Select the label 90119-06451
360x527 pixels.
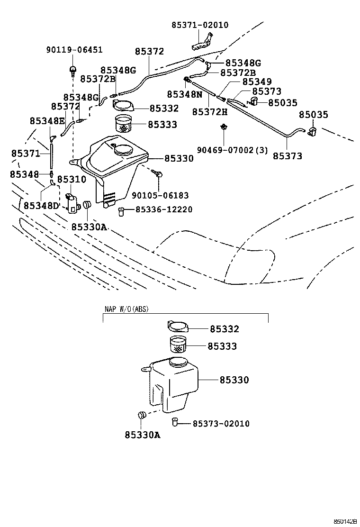tap(74, 50)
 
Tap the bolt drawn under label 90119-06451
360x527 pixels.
tap(73, 71)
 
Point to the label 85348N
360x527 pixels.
tap(184, 94)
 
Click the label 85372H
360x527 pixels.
tap(210, 112)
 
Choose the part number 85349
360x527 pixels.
tap(257, 82)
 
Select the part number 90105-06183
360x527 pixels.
tap(160, 195)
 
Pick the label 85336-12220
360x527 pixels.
tap(164, 209)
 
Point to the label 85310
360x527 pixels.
tap(72, 179)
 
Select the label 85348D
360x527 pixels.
tap(41, 206)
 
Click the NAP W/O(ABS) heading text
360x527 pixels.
tap(126, 309)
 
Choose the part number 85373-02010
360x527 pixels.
tap(221, 423)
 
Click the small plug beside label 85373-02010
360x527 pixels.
tap(175, 421)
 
